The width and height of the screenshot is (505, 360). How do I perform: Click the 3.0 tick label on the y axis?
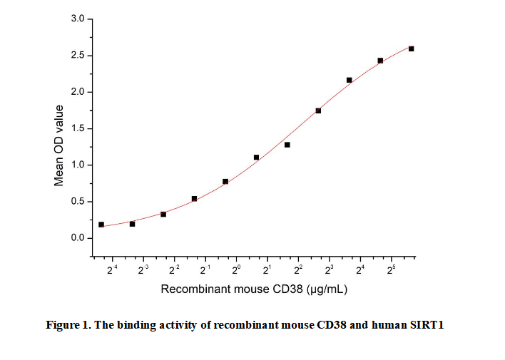[x=78, y=19]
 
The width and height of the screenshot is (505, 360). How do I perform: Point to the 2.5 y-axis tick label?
[x=78, y=56]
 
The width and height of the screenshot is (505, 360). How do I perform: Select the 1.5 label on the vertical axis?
[x=78, y=129]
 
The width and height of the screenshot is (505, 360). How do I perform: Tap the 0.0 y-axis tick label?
[x=78, y=238]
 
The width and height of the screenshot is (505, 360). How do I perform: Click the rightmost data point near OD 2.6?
[x=411, y=48]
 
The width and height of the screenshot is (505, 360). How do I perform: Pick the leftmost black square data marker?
[x=101, y=225]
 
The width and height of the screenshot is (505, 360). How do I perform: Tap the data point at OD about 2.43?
[x=380, y=61]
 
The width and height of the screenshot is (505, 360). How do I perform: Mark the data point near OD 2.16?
[x=349, y=80]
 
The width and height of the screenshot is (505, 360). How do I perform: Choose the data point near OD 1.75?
[x=318, y=110]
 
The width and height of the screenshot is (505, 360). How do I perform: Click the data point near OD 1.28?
[x=287, y=145]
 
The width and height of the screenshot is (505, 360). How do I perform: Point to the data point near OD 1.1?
[x=256, y=158]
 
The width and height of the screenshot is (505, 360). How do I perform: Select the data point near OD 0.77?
[x=225, y=182]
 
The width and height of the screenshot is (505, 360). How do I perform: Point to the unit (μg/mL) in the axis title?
[x=327, y=289]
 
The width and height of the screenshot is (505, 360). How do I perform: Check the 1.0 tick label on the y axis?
[x=78, y=165]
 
